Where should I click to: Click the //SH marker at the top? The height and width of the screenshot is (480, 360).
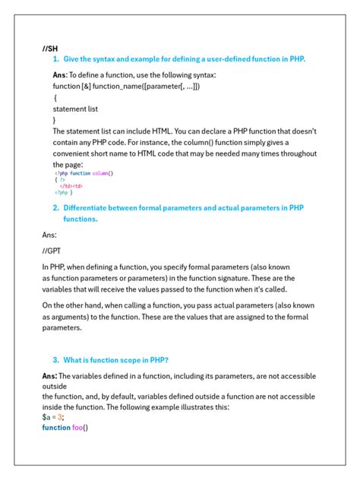click(50, 48)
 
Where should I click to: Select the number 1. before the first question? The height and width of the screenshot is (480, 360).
click(56, 59)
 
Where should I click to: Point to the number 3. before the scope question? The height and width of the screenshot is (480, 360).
click(56, 359)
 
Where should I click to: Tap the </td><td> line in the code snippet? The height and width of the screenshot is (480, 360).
click(71, 185)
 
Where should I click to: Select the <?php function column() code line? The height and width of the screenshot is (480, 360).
click(84, 173)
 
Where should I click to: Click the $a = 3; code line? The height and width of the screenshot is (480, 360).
click(53, 417)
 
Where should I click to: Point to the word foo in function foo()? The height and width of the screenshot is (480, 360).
click(79, 428)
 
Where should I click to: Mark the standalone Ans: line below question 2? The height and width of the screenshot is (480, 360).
click(50, 235)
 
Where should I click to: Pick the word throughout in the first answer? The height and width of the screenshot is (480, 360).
click(292, 153)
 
